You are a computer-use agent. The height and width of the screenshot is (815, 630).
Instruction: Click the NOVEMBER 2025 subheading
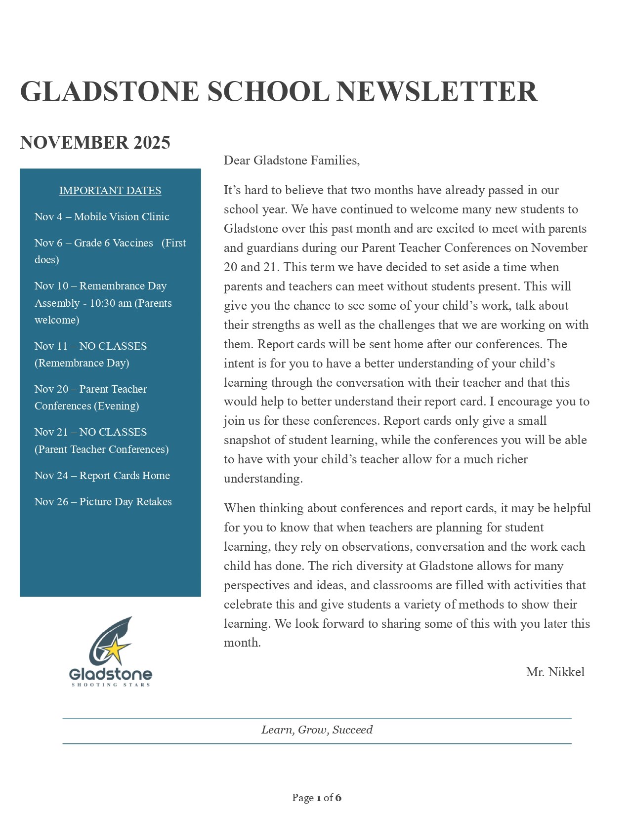tap(95, 143)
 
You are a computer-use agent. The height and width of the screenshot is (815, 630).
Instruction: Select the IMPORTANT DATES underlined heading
tap(110, 191)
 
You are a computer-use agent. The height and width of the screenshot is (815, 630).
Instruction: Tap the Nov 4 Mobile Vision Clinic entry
tap(102, 217)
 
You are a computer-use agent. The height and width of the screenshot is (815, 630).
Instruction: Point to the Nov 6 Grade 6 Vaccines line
tap(110, 243)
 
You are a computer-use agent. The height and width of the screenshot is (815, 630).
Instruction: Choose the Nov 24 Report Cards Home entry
tap(102, 476)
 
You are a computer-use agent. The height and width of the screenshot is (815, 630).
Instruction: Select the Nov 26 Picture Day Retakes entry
tap(103, 502)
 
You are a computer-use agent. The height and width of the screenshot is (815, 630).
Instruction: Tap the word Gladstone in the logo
tap(110, 674)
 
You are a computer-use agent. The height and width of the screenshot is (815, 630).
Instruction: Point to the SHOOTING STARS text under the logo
tap(111, 685)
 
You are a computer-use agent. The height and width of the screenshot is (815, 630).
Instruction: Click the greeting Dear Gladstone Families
tap(292, 161)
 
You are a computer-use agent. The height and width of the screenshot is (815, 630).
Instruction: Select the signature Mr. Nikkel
tap(555, 672)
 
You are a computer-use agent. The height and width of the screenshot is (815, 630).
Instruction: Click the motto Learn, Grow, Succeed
tap(317, 730)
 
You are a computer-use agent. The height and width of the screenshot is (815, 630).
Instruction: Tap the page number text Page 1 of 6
tap(316, 798)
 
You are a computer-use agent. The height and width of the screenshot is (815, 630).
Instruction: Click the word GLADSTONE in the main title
tap(109, 92)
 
